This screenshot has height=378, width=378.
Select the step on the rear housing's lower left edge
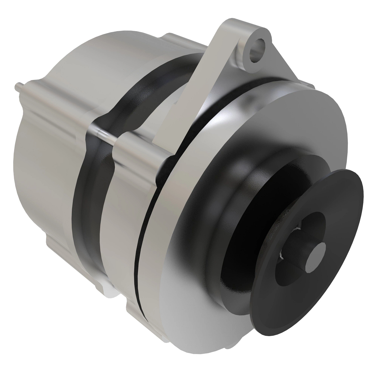click(54, 246)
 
